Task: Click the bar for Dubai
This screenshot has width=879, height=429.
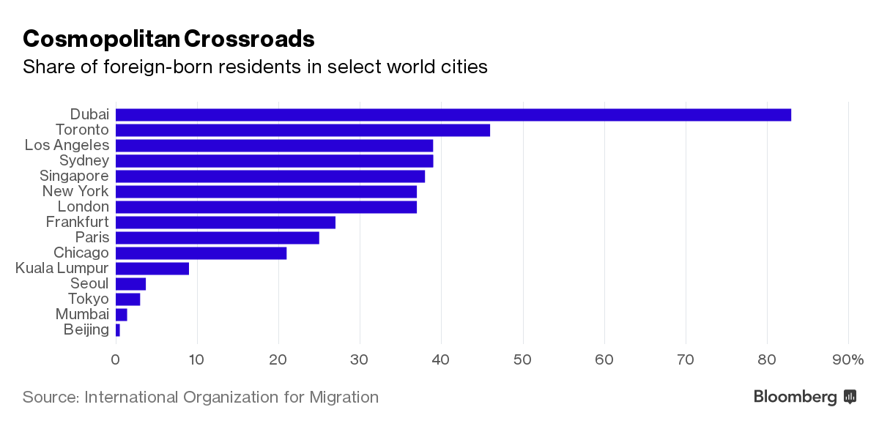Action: [453, 115]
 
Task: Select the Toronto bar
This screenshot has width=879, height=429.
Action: [303, 130]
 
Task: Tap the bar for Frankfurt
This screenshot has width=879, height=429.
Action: [226, 223]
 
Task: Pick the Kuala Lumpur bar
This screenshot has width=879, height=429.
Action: [152, 269]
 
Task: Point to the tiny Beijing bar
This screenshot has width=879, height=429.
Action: [117, 330]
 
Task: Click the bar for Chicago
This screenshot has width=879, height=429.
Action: [201, 253]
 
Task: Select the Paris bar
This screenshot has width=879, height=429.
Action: [218, 238]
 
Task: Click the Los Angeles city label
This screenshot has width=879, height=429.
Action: [67, 145]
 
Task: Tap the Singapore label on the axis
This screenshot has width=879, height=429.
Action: [74, 176]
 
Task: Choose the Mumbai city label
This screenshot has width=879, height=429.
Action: [81, 314]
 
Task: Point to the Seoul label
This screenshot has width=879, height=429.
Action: [89, 283]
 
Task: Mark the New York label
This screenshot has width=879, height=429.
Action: [75, 192]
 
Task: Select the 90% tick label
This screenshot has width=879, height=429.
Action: [848, 359]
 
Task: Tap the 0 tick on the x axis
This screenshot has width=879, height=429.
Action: [116, 359]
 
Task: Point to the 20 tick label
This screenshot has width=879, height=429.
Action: [278, 359]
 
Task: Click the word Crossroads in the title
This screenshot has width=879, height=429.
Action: [249, 38]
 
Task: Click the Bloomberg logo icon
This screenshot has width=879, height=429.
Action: [850, 397]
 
